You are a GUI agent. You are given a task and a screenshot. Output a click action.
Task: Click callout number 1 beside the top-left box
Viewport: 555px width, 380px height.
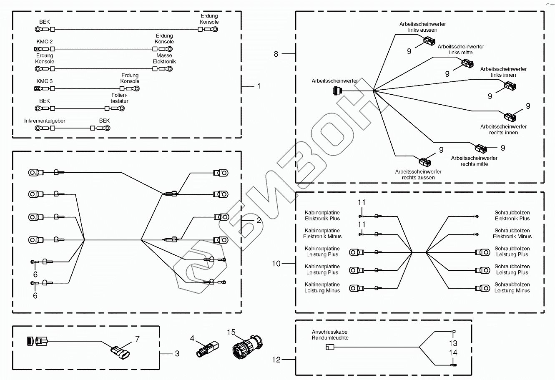tap(259, 86)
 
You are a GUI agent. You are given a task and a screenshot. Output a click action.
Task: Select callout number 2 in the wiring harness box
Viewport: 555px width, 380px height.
tap(259, 220)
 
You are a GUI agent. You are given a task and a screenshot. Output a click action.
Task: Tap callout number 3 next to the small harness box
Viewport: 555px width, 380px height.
tap(177, 353)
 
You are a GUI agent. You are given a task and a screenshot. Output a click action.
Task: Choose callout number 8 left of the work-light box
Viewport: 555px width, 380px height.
tap(276, 53)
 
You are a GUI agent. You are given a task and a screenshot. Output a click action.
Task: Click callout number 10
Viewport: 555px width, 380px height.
tap(276, 263)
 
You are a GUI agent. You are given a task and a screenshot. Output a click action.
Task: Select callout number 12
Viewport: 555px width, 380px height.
tap(276, 359)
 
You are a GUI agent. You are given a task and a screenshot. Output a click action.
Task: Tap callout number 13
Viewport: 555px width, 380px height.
tap(453, 343)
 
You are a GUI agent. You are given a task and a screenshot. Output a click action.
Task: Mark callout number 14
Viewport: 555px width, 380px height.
tap(453, 353)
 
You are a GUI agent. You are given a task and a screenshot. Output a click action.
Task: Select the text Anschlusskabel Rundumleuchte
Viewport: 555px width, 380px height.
tap(330, 335)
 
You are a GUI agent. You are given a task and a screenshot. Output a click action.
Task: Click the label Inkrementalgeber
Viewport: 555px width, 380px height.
tap(45, 121)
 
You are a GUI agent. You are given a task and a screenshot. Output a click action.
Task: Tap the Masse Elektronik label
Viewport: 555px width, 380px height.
tap(164, 58)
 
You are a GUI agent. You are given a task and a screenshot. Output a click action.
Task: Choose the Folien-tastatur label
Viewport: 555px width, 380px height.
tap(120, 98)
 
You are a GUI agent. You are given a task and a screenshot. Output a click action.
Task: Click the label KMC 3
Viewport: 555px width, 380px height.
tap(45, 81)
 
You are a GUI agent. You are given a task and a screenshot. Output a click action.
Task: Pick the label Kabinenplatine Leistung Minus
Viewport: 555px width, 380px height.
tap(322, 287)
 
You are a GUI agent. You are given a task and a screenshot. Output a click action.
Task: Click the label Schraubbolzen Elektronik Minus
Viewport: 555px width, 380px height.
tap(512, 233)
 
